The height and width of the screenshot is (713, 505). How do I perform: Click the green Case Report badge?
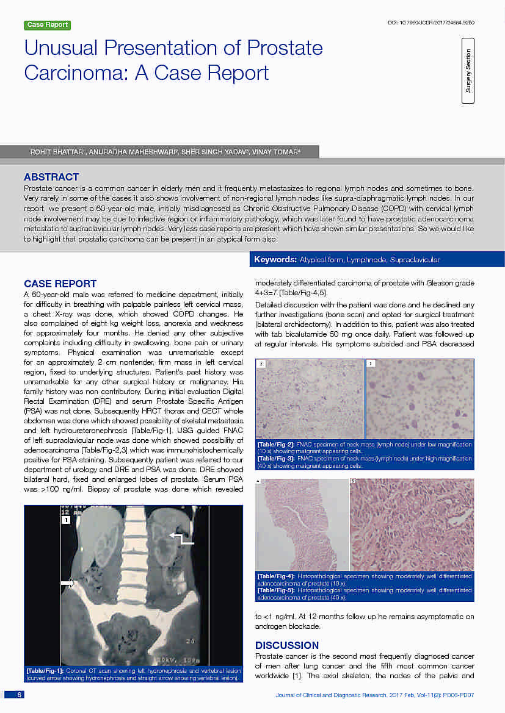48,25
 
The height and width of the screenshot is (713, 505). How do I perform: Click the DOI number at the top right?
432,23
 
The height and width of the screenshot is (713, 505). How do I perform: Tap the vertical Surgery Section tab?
468,71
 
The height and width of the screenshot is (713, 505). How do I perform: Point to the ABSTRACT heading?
51,177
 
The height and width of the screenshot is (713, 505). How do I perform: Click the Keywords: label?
275,260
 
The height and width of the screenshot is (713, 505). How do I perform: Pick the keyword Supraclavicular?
415,260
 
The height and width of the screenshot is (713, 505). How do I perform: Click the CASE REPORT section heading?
60,284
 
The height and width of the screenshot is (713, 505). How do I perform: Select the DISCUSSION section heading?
286,645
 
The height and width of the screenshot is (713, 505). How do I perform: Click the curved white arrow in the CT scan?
181,539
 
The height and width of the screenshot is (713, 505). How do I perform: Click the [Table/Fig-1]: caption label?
45,671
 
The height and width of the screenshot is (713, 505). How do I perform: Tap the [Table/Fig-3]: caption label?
277,458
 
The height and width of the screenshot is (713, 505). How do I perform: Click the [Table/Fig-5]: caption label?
277,590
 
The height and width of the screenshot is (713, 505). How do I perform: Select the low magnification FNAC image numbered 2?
310,399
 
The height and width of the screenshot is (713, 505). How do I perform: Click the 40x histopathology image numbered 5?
412,525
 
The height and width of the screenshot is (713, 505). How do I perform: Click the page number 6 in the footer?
19,695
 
